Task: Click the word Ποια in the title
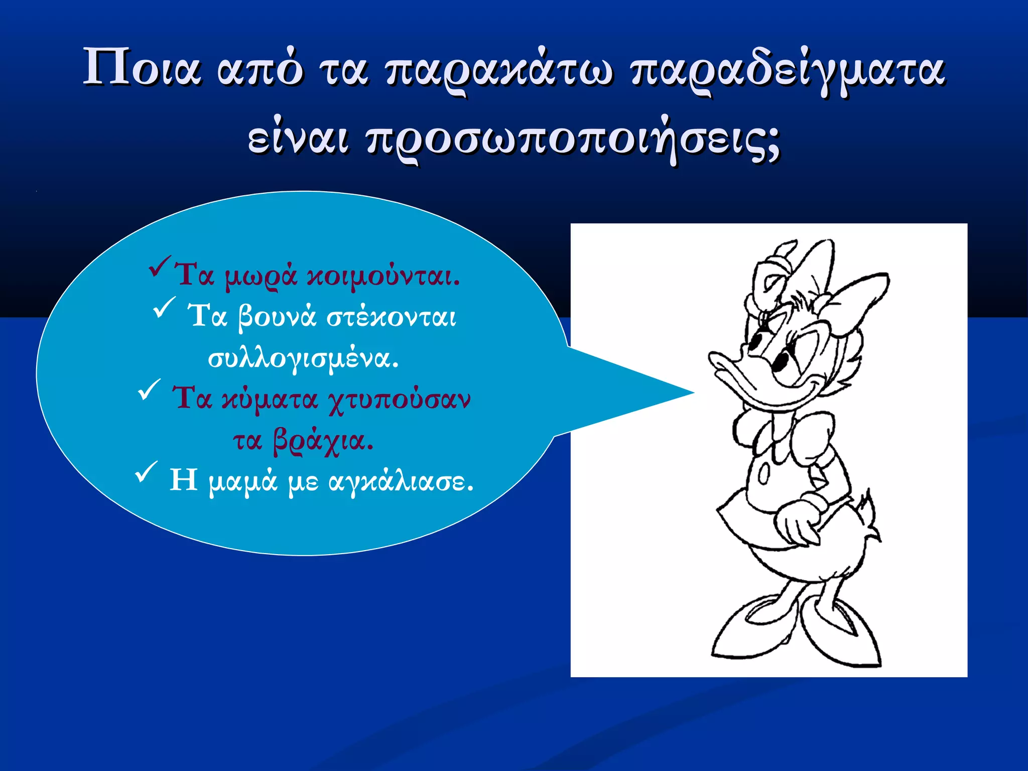(142, 68)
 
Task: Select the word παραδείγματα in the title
(788, 70)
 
